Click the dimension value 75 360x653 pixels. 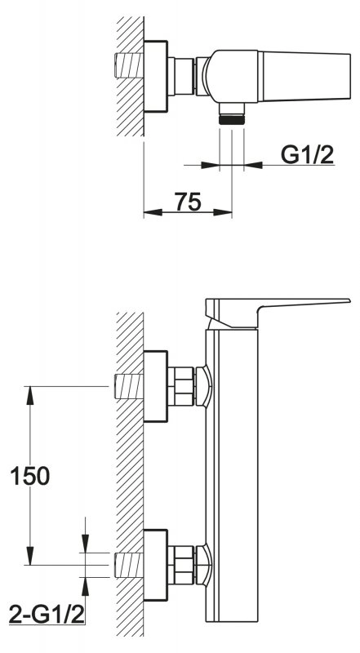[188, 202]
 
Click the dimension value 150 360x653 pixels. [29, 476]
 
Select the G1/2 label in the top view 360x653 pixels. [308, 155]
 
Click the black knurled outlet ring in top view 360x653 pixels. [232, 120]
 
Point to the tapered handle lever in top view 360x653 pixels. [304, 76]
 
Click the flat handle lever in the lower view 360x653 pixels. [277, 313]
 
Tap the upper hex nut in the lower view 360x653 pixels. [181, 386]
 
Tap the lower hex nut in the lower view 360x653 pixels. [181, 565]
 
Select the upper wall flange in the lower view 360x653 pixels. [155, 386]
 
